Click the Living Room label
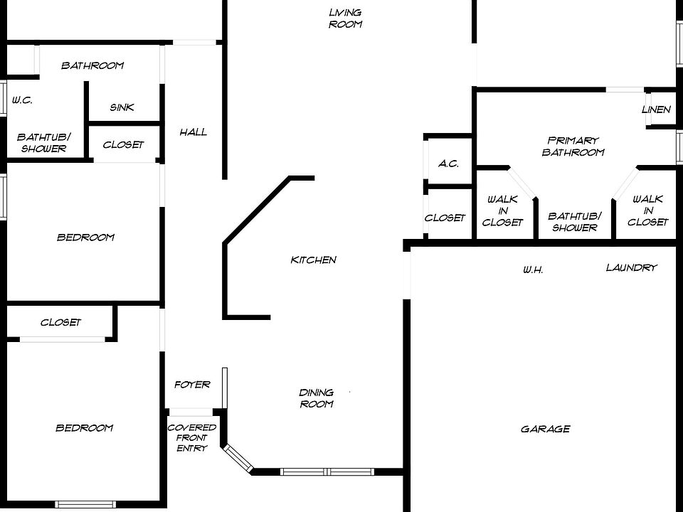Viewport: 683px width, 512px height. (x=346, y=18)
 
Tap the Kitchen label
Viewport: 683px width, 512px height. (x=314, y=260)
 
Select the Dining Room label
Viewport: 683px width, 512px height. (x=317, y=398)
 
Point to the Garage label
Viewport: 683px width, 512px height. (x=546, y=429)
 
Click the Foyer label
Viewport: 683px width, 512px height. (x=192, y=385)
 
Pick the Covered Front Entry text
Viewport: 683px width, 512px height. (x=191, y=437)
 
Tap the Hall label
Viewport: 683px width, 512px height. (x=194, y=132)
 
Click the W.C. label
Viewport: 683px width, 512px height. (x=22, y=100)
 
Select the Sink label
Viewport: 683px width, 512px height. (x=122, y=107)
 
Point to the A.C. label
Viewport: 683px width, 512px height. (x=448, y=164)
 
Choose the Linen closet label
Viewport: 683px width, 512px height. (x=656, y=110)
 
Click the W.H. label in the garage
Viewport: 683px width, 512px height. (x=533, y=270)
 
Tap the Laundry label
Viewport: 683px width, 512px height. (x=632, y=267)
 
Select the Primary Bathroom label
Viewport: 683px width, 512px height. (x=573, y=146)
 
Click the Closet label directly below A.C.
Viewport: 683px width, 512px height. (x=445, y=218)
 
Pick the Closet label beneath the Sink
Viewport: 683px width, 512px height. (x=123, y=144)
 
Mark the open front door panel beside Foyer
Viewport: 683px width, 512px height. (x=225, y=388)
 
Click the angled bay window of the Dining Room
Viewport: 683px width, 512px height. (x=238, y=458)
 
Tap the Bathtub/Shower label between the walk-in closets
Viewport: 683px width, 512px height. (x=575, y=222)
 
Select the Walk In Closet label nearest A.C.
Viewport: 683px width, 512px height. (x=502, y=210)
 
